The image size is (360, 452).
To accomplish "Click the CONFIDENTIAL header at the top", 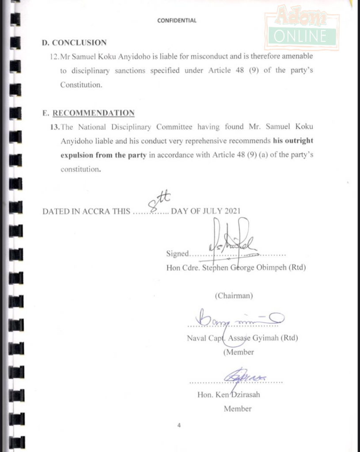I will click(x=177, y=20).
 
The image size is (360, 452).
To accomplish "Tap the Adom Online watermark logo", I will click(x=302, y=30).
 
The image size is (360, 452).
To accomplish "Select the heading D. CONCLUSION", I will click(x=74, y=43).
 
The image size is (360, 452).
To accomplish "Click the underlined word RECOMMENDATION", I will click(x=93, y=113).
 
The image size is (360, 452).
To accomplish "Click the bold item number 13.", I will click(x=55, y=127).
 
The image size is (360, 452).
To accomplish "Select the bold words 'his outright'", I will click(x=292, y=141).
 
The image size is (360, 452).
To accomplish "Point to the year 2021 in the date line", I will click(x=232, y=211).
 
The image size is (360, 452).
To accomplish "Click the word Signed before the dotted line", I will click(x=177, y=253).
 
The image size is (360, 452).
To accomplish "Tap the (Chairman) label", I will click(x=234, y=296).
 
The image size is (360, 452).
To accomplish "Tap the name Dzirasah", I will click(x=244, y=395).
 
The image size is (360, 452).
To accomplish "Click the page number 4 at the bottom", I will click(x=179, y=426).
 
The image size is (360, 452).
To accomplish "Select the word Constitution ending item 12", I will click(x=81, y=85).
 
